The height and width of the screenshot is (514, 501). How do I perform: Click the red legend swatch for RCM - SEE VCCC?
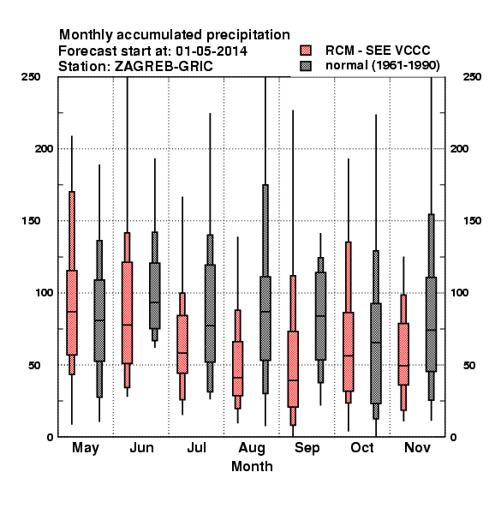click(x=306, y=51)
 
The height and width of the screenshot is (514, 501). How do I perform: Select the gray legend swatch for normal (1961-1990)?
click(x=306, y=66)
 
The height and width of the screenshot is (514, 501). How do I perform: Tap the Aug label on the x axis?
click(x=252, y=448)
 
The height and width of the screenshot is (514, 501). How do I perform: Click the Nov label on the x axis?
click(x=417, y=447)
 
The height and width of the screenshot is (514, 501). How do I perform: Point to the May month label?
click(x=86, y=448)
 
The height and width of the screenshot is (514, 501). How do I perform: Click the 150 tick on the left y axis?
click(x=31, y=221)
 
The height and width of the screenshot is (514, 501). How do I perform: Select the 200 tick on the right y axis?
click(x=459, y=148)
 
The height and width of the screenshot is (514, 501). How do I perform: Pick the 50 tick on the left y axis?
click(x=34, y=365)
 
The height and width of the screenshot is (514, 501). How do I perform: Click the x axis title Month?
click(x=252, y=467)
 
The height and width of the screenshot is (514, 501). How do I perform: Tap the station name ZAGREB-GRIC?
click(x=164, y=67)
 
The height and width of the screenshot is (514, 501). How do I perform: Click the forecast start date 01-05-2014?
click(x=212, y=51)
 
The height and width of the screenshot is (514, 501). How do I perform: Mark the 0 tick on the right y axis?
click(x=453, y=437)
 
